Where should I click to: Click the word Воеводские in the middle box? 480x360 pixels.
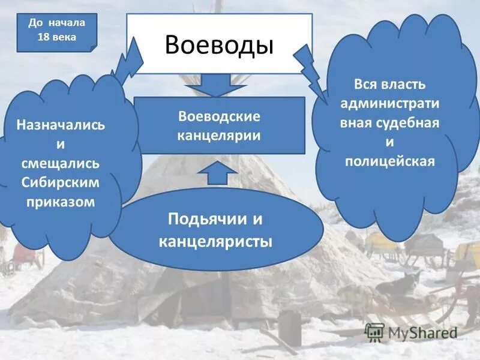pos(219,115)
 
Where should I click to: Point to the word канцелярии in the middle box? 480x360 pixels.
pos(219,134)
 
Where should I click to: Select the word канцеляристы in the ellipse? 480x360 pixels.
pos(216,241)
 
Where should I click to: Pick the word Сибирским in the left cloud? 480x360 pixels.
pos(61,182)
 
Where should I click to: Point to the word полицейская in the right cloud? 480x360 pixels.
pos(390,161)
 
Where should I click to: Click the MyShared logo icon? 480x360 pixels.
pos(374,331)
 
